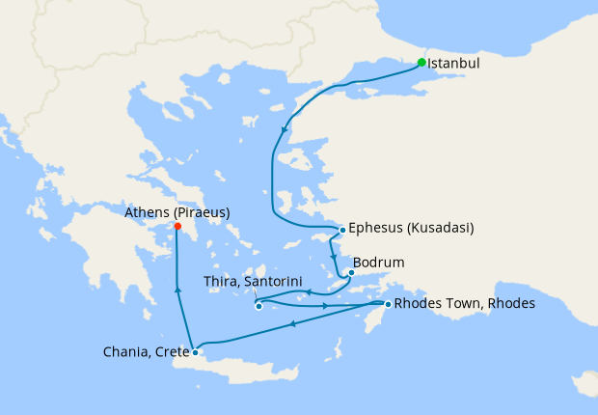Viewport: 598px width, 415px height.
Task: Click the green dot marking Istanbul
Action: click(421, 63)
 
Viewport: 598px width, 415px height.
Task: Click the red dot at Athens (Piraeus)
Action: click(177, 227)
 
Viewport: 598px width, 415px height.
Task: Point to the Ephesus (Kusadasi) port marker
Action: click(342, 230)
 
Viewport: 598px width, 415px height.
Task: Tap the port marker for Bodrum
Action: click(352, 272)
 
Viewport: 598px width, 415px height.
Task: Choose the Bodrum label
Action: click(379, 262)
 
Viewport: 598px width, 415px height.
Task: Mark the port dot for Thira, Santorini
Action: click(258, 307)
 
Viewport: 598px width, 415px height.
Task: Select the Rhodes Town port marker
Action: click(388, 305)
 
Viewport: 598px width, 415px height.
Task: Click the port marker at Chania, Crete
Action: click(195, 352)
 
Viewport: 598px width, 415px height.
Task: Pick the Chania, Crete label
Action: click(145, 352)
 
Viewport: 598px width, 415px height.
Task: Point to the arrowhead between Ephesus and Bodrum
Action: click(333, 257)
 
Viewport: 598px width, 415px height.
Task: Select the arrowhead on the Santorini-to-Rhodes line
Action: click(325, 306)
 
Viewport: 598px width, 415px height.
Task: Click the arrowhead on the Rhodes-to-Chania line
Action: click(292, 323)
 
